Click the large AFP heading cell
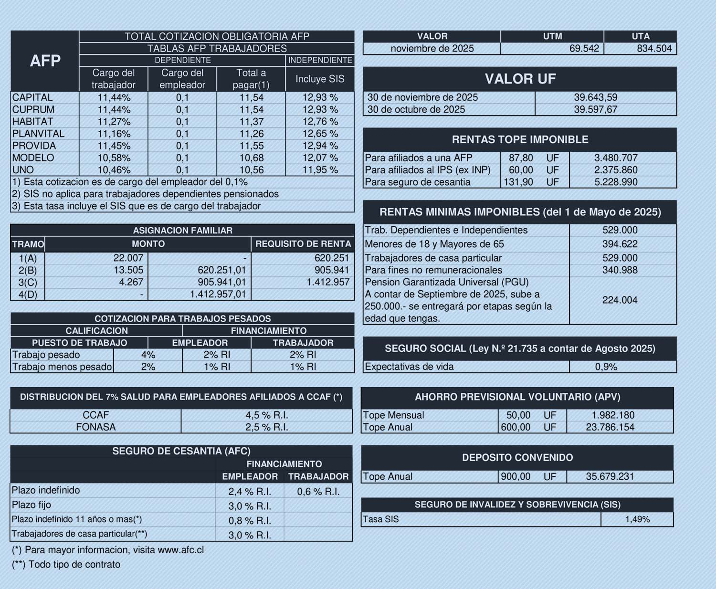point(45,61)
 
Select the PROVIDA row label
point(34,146)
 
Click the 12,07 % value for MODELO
point(320,158)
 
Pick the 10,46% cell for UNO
point(114,170)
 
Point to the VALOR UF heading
point(520,79)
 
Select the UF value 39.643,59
point(595,97)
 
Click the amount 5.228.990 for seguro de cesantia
point(616,182)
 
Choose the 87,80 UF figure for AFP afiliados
point(521,158)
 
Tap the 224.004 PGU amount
point(620,300)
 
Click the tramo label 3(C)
point(28,282)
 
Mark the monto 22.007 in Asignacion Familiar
point(128,258)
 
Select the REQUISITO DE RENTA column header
point(303,244)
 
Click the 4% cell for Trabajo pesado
point(148,355)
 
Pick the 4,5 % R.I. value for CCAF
point(266,415)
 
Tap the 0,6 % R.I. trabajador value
point(318,491)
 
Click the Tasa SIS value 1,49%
point(637,519)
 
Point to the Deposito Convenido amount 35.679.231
point(610,476)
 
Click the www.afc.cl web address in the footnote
point(180,550)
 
